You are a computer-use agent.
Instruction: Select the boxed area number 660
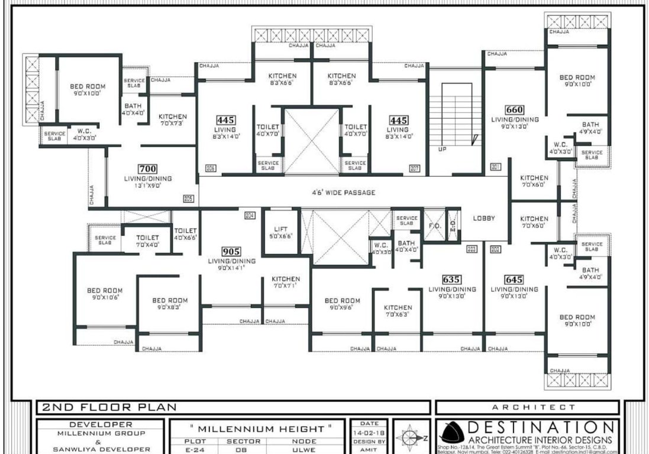tap(515, 109)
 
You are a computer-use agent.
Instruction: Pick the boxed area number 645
tap(514, 280)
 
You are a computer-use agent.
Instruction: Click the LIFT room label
tap(280, 229)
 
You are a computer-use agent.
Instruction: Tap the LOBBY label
tap(483, 218)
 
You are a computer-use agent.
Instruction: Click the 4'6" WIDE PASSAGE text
tap(344, 193)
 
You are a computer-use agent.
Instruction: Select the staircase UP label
tap(442, 149)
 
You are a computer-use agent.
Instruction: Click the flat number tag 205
tap(189, 199)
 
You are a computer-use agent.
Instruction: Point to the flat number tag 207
tap(415, 168)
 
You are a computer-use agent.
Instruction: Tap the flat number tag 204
tap(250, 215)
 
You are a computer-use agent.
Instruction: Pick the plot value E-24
tap(195, 449)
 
